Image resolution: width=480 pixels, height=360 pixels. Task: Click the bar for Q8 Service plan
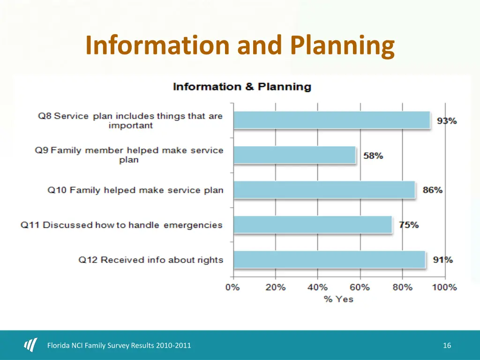[x=331, y=120]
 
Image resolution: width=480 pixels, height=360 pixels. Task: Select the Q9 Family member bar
[x=294, y=155]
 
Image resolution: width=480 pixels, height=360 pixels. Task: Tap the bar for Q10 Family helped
[x=324, y=190]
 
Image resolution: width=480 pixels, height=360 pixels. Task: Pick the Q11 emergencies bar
[x=312, y=225]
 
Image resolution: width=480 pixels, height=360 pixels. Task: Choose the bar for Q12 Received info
[x=329, y=260]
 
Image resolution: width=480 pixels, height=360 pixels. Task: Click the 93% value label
[x=447, y=121]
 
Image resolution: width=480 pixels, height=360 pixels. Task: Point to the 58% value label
[x=373, y=156]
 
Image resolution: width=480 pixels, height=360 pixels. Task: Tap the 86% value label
[x=432, y=190]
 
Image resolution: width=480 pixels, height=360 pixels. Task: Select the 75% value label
[x=409, y=225]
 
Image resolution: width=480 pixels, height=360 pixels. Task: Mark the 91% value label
[x=442, y=260]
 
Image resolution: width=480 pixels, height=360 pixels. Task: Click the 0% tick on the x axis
[x=233, y=287]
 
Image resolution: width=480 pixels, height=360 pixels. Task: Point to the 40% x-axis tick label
[x=317, y=287]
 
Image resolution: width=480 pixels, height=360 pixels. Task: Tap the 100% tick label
[x=444, y=287]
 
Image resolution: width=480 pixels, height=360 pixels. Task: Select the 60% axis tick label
[x=360, y=287]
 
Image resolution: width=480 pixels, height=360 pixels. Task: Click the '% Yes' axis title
[x=338, y=299]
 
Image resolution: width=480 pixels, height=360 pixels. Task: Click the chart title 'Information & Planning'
[x=242, y=87]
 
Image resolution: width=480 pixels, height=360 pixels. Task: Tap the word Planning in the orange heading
[x=342, y=46]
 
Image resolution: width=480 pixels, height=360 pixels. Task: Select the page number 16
[x=447, y=345]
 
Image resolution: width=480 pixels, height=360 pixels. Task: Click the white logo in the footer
[x=30, y=345]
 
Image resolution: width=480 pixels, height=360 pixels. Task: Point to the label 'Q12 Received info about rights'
[x=150, y=260]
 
